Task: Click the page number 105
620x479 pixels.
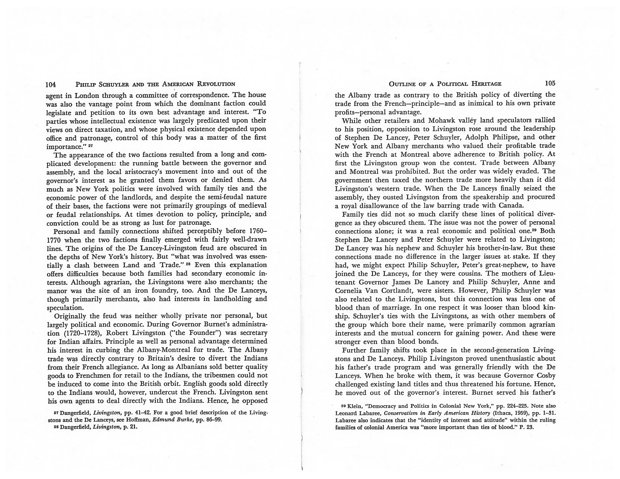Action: click(x=550, y=83)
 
